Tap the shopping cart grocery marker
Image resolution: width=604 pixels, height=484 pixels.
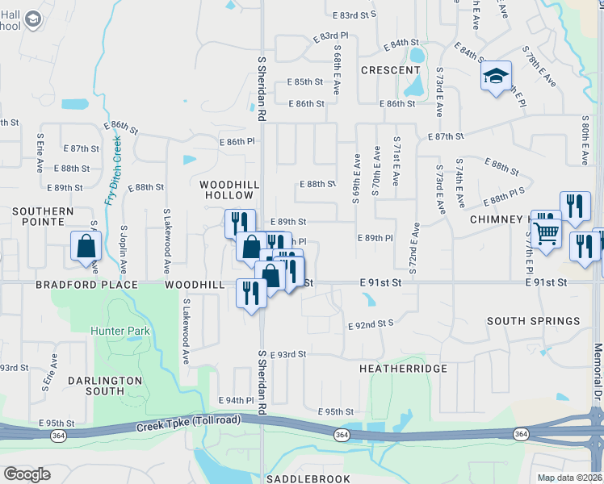547,233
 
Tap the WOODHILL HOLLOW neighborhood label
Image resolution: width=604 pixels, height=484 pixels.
230,190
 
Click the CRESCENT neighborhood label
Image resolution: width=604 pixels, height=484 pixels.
391,70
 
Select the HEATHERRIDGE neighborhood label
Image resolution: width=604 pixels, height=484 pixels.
403,368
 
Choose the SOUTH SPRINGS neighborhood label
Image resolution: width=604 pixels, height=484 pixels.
533,321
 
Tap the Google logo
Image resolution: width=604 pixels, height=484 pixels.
27,474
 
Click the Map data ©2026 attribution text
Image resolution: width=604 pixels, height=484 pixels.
568,478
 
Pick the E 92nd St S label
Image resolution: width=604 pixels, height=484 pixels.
370,324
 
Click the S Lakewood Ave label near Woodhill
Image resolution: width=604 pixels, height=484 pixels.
186,330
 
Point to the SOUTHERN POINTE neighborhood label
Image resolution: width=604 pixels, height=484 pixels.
43,215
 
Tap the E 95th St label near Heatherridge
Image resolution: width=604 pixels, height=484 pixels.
336,412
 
